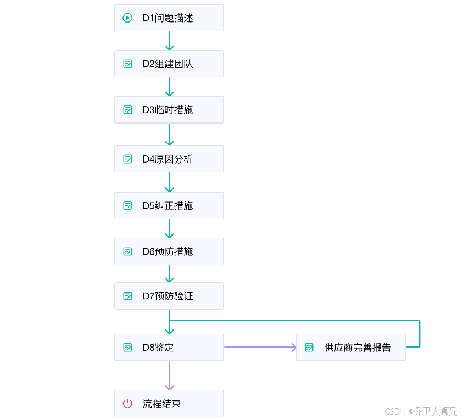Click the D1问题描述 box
169,18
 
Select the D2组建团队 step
169,64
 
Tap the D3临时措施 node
169,110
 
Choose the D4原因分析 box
169,159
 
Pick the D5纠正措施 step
169,206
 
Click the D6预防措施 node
169,251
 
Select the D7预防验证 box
169,296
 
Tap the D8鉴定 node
169,348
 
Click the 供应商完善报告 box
350,348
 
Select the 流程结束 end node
169,404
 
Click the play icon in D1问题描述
127,18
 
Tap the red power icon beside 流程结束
127,404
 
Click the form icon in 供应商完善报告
309,348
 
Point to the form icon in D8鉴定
127,348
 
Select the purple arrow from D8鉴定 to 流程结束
169,375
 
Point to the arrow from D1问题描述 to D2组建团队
169,41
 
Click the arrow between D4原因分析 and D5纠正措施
169,182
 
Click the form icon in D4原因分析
127,159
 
